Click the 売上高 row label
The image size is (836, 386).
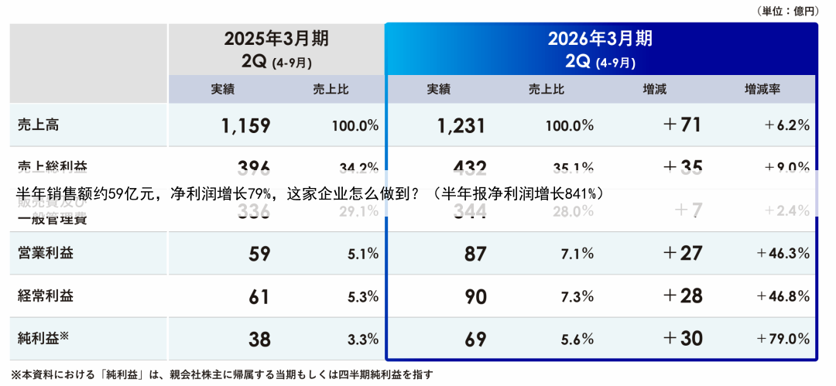pos(38,125)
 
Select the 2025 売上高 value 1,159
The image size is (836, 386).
pos(245,125)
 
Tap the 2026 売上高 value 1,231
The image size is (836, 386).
pos(461,125)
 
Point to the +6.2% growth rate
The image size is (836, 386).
pos(786,125)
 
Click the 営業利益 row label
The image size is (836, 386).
pos(46,252)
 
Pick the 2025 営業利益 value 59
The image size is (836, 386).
pos(259,253)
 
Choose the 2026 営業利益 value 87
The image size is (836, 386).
pos(475,253)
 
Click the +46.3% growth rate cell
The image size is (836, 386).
pos(783,253)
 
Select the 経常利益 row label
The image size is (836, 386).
pos(46,295)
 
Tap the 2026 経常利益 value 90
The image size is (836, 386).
pos(475,295)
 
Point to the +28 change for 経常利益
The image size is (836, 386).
pos(682,295)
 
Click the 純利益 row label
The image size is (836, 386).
pos(43,337)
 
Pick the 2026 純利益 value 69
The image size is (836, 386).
pos(475,339)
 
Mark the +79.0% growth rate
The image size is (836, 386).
pos(783,339)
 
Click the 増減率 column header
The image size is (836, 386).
pos(762,89)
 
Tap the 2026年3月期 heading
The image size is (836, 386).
pos(600,39)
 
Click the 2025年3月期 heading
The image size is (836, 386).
pos(276,39)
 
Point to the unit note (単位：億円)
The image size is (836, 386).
pos(786,11)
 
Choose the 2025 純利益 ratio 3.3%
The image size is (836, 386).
pos(363,339)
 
